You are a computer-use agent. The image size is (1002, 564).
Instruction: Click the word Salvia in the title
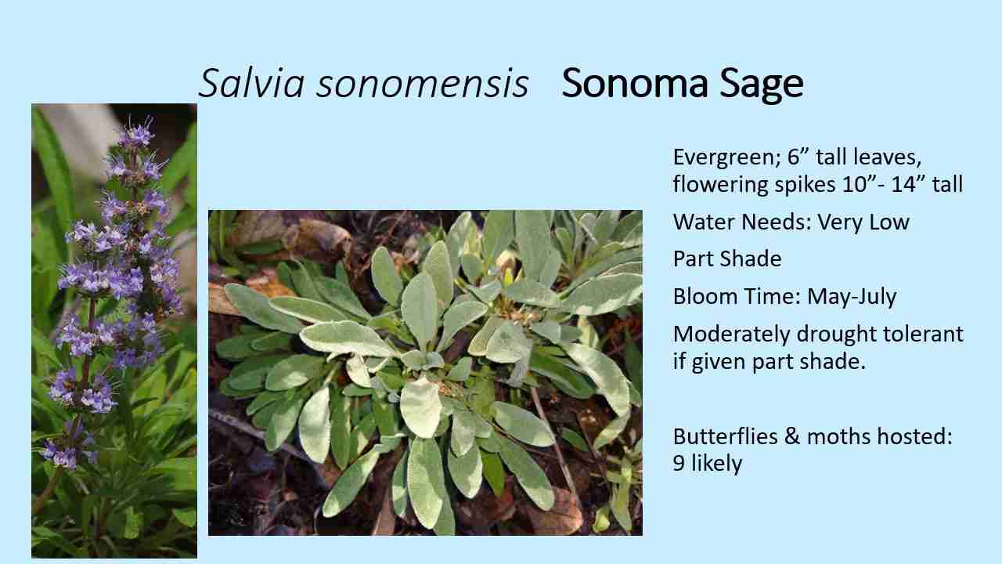point(251,84)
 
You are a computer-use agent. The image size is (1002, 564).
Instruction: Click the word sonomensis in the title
point(422,84)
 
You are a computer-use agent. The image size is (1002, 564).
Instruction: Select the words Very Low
point(863,222)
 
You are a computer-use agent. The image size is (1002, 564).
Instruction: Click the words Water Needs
point(741,222)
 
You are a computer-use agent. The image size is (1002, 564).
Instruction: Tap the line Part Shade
point(727,258)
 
